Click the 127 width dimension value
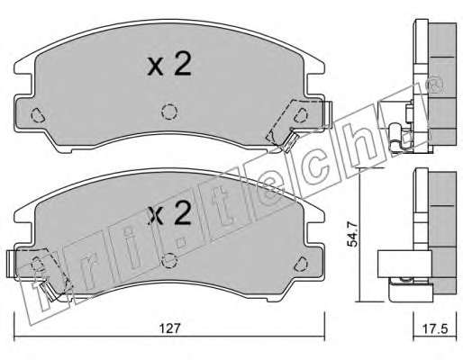pyautogui.click(x=169, y=328)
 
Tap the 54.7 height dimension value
pyautogui.click(x=352, y=234)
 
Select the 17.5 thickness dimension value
pyautogui.click(x=435, y=328)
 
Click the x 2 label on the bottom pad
pyautogui.click(x=169, y=214)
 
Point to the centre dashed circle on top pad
pyautogui.click(x=169, y=112)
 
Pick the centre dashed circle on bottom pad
pyautogui.click(x=169, y=260)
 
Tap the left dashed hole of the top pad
pyautogui.click(x=38, y=115)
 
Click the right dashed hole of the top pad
pyautogui.click(x=301, y=115)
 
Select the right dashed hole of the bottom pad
pyautogui.click(x=301, y=264)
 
